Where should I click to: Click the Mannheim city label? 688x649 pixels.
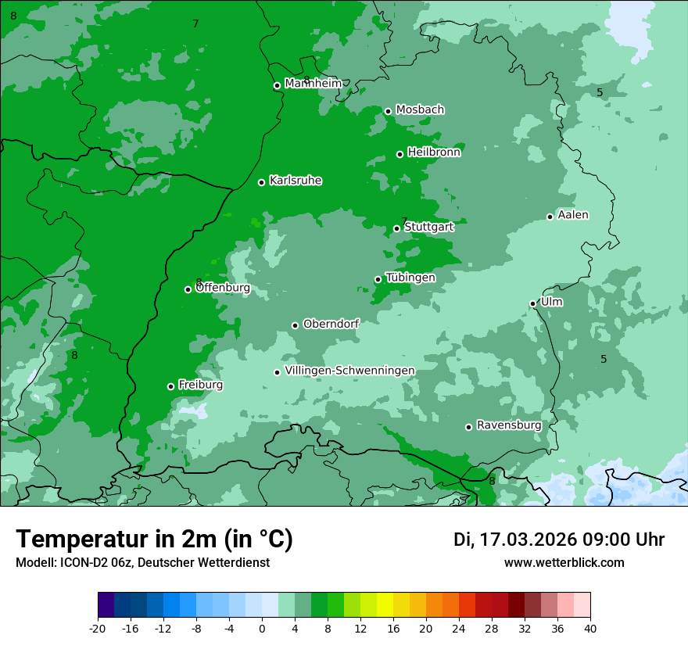pyautogui.click(x=314, y=84)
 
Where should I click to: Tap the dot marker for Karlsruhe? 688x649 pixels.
pyautogui.click(x=261, y=182)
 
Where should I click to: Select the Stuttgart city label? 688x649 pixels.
pyautogui.click(x=428, y=227)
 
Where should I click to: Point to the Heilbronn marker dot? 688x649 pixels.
pyautogui.click(x=400, y=154)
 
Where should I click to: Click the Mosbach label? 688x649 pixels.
pyautogui.click(x=420, y=109)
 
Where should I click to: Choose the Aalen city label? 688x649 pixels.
pyautogui.click(x=573, y=215)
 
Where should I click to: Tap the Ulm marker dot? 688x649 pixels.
pyautogui.click(x=532, y=303)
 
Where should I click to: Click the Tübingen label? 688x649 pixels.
pyautogui.click(x=410, y=278)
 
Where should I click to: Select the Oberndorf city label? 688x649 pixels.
pyautogui.click(x=331, y=324)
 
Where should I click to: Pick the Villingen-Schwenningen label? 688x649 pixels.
pyautogui.click(x=349, y=371)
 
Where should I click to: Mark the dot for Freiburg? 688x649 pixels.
pyautogui.click(x=170, y=386)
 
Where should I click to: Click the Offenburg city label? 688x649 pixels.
pyautogui.click(x=223, y=288)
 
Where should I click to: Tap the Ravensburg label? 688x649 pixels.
pyautogui.click(x=509, y=425)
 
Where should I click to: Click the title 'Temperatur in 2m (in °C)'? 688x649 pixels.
pyautogui.click(x=155, y=540)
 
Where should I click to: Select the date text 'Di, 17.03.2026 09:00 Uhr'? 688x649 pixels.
pyautogui.click(x=559, y=540)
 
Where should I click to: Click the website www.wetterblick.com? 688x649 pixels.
pyautogui.click(x=564, y=563)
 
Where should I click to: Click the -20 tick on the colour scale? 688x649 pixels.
pyautogui.click(x=98, y=628)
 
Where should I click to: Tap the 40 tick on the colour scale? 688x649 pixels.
pyautogui.click(x=590, y=628)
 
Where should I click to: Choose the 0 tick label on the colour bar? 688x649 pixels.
pyautogui.click(x=262, y=628)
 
